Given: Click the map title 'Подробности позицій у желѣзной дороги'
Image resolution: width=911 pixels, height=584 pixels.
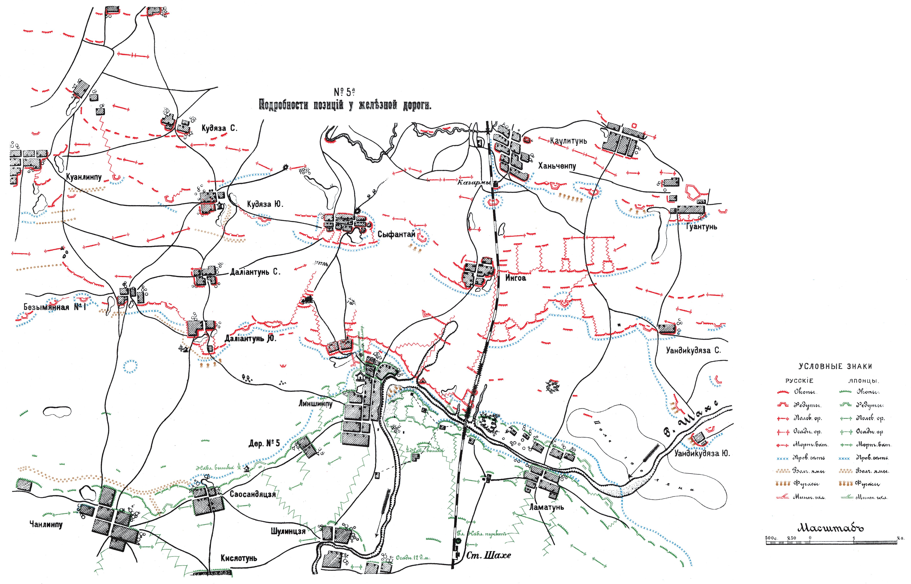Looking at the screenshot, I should (345, 105).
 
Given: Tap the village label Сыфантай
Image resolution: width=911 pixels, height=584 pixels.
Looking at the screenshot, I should (396, 234).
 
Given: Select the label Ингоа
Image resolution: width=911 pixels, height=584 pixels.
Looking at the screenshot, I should (516, 278).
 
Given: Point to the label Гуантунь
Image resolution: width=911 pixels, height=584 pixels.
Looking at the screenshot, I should (701, 227).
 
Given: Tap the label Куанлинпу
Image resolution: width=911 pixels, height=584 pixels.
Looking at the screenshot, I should (84, 177).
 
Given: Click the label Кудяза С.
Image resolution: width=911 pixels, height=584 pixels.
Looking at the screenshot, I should (219, 128).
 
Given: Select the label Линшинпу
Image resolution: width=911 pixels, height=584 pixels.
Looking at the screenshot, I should (315, 403).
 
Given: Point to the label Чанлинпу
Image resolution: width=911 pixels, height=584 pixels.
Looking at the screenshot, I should (46, 524).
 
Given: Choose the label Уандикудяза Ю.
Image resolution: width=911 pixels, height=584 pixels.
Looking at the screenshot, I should (702, 453).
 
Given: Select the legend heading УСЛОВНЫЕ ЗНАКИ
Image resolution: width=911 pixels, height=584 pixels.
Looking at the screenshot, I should (835, 366).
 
